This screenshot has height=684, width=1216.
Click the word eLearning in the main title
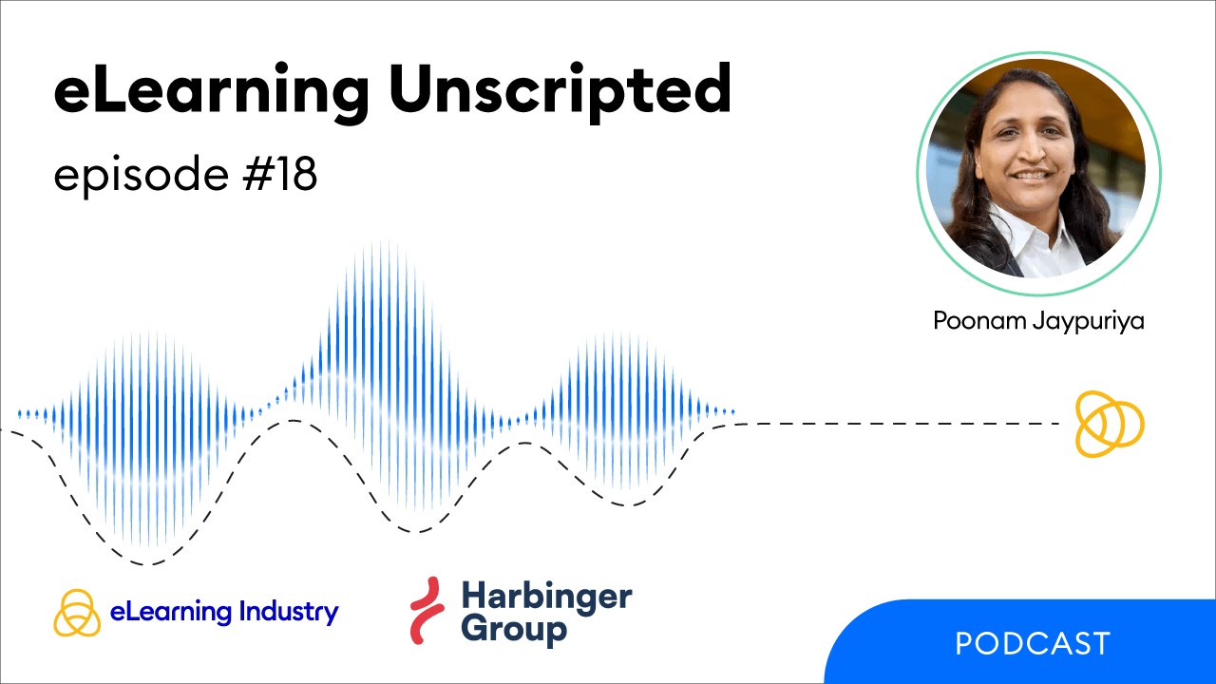(212, 92)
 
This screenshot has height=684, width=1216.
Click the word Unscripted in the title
(560, 92)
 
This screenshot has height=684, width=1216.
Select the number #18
(280, 174)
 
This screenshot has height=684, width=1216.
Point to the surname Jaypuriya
(1089, 322)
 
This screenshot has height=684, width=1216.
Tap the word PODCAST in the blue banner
(1033, 644)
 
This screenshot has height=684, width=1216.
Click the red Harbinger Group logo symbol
(427, 610)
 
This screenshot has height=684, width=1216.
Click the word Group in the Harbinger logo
(514, 630)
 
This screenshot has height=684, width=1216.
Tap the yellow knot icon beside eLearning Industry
(77, 613)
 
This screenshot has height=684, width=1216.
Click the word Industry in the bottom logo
(289, 613)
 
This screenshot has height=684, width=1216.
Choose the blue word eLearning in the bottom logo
(171, 613)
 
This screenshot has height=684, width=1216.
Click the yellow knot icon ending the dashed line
(1110, 424)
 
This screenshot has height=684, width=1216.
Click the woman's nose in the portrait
(1028, 152)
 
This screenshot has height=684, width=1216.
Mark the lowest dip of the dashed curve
(144, 564)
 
